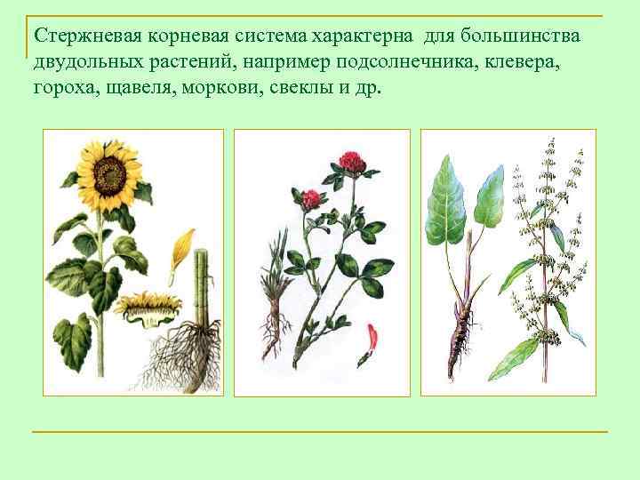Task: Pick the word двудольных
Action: (87, 63)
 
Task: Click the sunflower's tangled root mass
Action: (182, 356)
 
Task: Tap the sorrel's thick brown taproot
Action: (462, 338)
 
